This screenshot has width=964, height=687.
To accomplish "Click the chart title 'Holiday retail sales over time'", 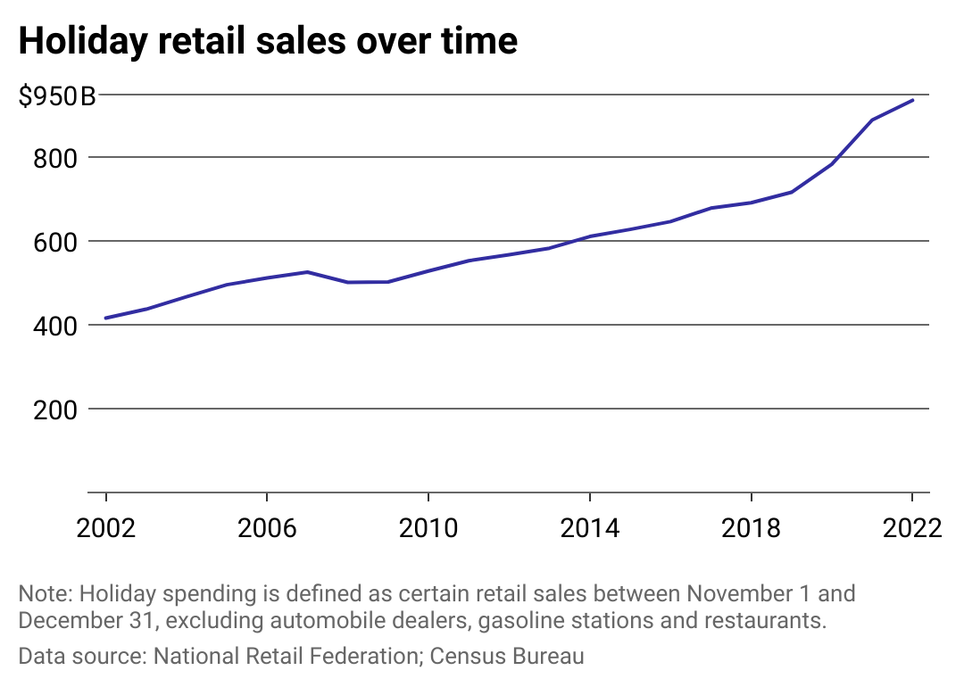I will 268,41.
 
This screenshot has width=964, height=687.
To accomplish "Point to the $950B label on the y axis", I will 57,95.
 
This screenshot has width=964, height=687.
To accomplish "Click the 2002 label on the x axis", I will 106,528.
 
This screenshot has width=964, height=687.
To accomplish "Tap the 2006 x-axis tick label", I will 267,528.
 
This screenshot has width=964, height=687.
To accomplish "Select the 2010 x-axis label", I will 428,528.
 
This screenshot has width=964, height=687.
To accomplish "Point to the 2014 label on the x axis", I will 590,528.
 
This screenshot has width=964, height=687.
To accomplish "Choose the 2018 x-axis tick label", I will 751,528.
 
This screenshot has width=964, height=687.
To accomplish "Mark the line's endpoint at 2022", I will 912,100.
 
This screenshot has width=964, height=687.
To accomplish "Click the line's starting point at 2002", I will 106,318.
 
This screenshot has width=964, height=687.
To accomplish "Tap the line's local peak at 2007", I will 307,272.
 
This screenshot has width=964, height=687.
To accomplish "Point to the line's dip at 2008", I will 347,282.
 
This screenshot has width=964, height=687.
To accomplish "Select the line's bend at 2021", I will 871,120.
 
